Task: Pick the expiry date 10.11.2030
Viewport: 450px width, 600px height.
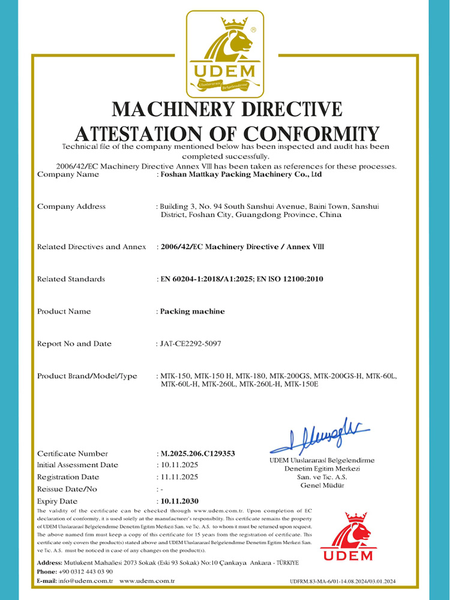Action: click(179, 500)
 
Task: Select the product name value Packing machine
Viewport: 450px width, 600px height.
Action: click(191, 311)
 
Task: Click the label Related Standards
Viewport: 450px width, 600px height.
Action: click(71, 279)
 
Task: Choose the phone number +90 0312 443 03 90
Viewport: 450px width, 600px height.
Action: click(86, 571)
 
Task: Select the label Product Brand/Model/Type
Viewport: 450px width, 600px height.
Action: click(87, 376)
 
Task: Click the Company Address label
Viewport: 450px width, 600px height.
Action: click(71, 206)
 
